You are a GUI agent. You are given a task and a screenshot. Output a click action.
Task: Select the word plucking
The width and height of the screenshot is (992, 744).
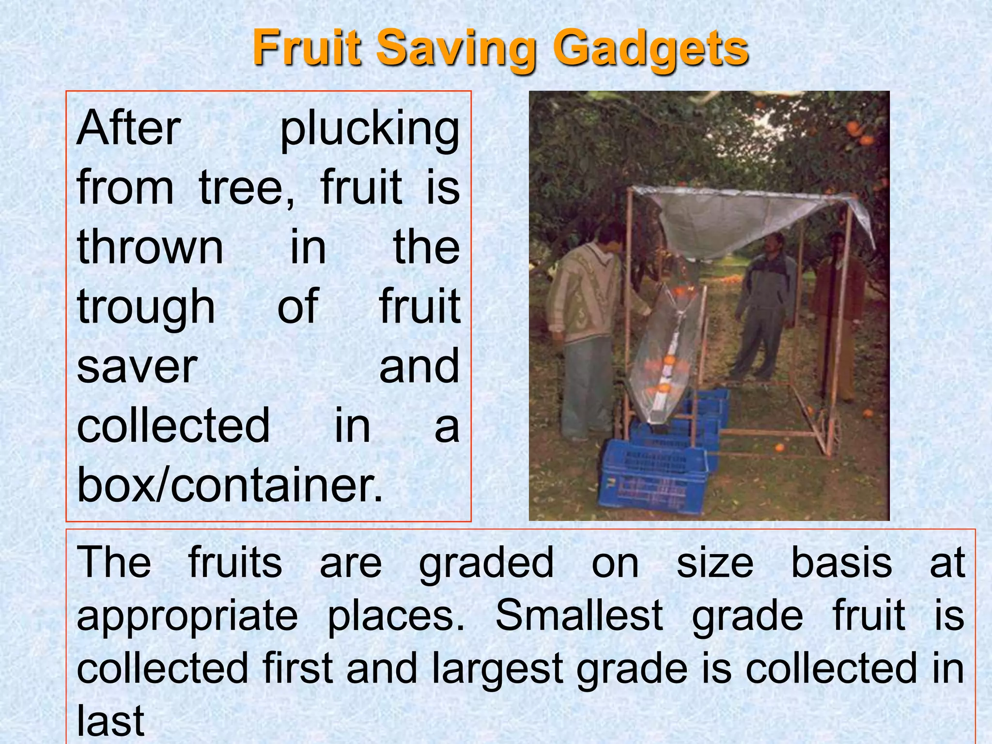[370, 130]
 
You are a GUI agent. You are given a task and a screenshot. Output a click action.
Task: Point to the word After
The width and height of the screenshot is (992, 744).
[129, 128]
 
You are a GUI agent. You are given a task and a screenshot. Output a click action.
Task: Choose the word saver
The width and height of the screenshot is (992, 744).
[137, 367]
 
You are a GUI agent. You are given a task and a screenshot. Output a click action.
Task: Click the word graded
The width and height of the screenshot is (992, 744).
[486, 563]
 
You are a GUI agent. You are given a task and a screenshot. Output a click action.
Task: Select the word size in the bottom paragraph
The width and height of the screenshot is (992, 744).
[714, 562]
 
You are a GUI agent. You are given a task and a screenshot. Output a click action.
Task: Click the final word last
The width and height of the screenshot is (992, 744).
[110, 720]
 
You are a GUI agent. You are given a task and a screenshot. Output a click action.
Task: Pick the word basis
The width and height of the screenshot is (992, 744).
[841, 562]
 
